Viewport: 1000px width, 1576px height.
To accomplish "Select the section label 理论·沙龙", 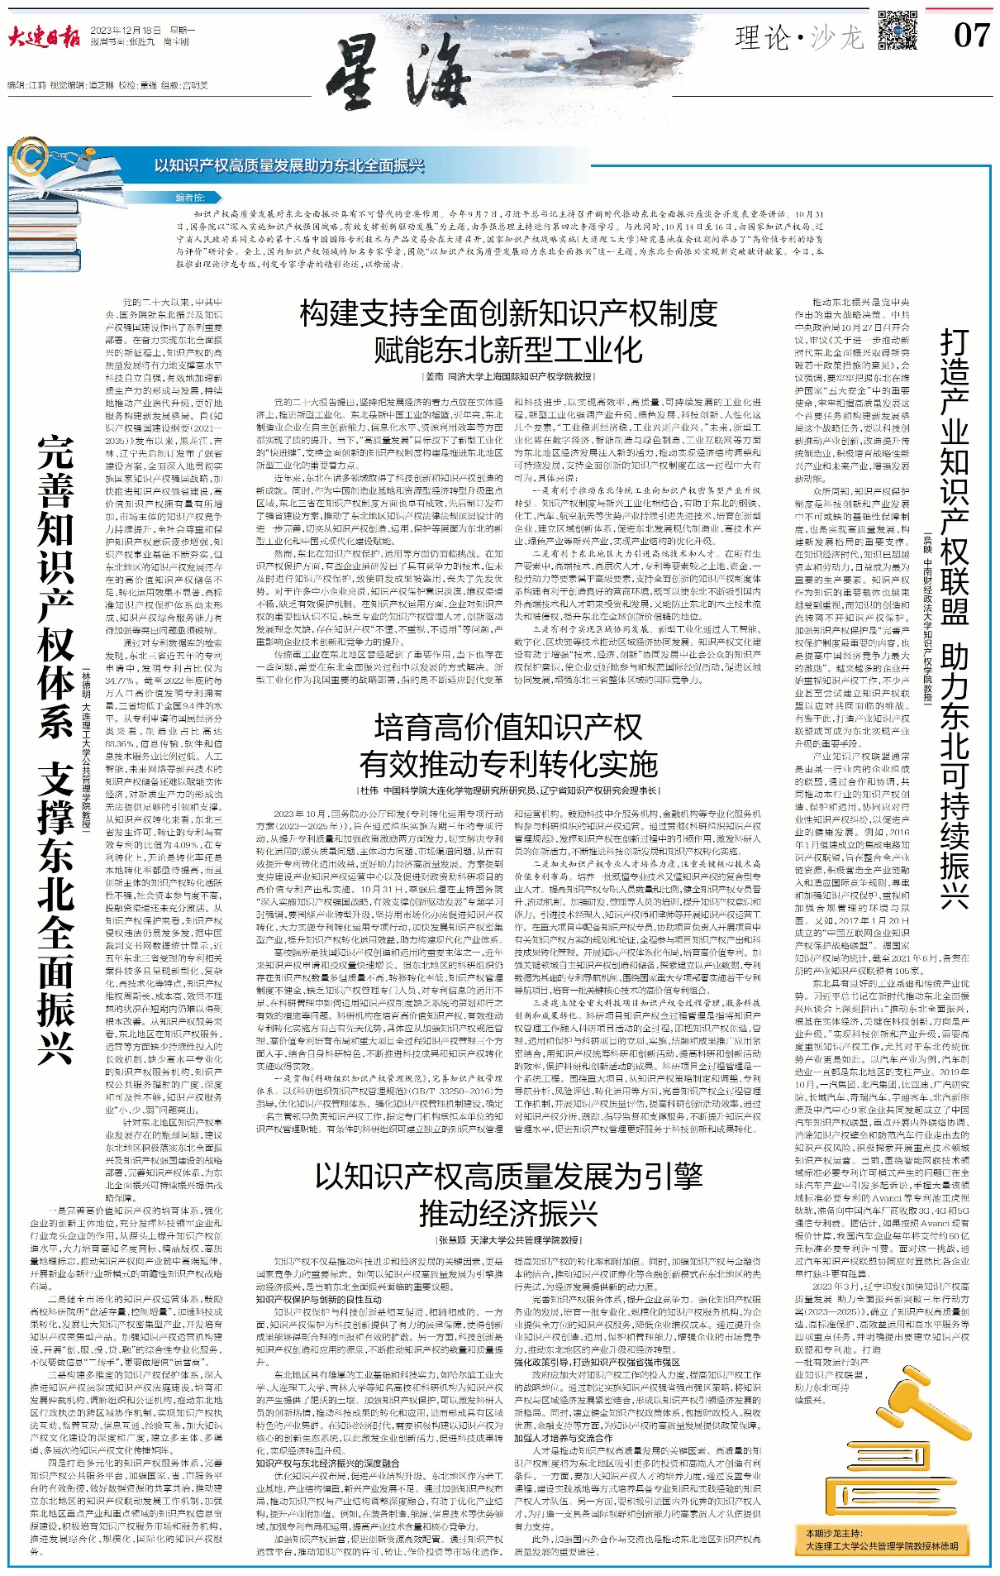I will click(x=798, y=37).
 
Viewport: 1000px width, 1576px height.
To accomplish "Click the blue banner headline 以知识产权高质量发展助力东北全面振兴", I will click(x=288, y=166).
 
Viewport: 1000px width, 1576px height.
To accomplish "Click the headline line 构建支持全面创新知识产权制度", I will click(x=508, y=314).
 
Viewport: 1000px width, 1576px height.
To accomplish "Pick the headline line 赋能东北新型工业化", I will click(x=508, y=350).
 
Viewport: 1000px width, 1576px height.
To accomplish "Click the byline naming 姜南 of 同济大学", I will click(x=508, y=376).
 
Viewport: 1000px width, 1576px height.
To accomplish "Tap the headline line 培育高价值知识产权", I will click(x=508, y=728).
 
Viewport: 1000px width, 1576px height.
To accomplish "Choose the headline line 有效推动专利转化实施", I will click(x=508, y=765).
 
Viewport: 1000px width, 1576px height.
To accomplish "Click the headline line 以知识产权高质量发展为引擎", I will click(x=508, y=1175).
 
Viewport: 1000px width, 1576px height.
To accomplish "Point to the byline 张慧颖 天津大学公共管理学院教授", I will click(x=508, y=1240).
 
